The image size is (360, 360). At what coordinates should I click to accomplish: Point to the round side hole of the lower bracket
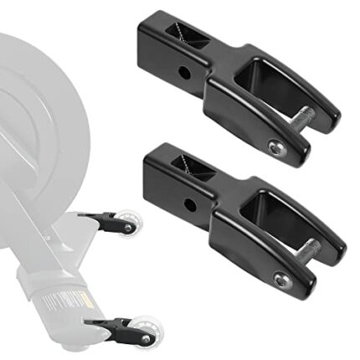190,203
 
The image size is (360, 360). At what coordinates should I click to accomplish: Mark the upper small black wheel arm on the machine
103,220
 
